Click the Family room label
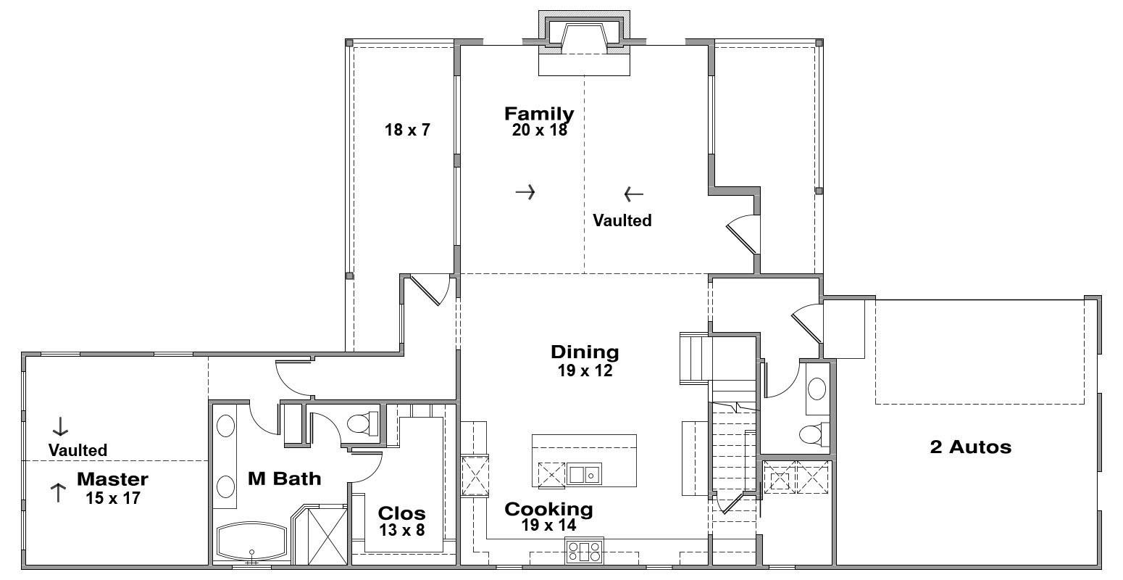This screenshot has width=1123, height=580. (x=539, y=114)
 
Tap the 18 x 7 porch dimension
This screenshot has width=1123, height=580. (x=407, y=130)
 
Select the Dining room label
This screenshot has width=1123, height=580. (x=585, y=352)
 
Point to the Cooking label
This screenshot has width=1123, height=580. (x=548, y=509)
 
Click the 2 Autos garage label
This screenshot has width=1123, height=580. (x=971, y=447)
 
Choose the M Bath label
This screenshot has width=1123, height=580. (x=284, y=478)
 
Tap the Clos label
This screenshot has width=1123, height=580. (x=401, y=513)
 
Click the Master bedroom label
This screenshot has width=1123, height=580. (x=112, y=479)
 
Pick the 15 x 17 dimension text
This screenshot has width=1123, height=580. (x=113, y=498)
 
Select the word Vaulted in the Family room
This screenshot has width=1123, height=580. (x=622, y=220)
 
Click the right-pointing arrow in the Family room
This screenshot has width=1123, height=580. (x=525, y=192)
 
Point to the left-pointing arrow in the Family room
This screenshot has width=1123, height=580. (x=634, y=194)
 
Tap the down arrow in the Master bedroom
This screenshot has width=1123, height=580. (x=60, y=426)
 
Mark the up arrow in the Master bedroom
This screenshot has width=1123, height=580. (x=58, y=493)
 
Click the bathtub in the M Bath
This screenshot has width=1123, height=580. (x=251, y=542)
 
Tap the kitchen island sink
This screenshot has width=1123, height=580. (x=584, y=473)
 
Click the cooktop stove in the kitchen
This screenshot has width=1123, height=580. (x=585, y=550)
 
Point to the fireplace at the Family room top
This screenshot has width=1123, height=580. (x=584, y=43)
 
